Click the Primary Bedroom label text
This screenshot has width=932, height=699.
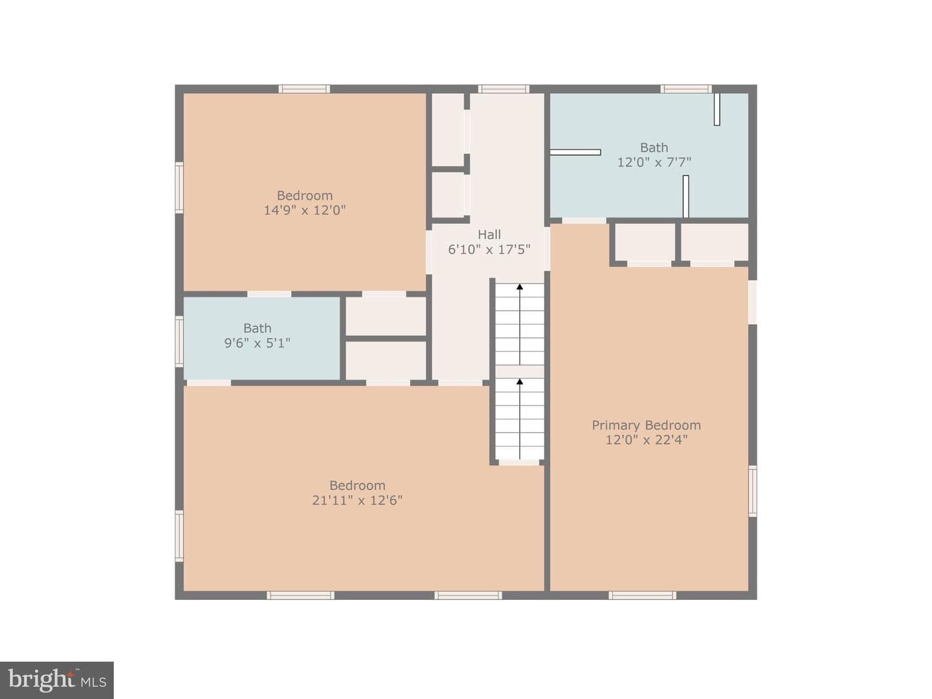646,425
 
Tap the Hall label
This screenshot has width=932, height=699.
489,234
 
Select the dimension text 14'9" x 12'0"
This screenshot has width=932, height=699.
305,210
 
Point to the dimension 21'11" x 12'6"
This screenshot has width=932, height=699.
357,500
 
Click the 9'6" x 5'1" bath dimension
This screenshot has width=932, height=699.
258,343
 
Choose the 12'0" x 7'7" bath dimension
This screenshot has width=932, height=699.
654,162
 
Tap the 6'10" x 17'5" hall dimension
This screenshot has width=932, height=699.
489,250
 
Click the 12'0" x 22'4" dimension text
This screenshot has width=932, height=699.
646,440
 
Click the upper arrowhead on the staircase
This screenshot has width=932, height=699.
520,287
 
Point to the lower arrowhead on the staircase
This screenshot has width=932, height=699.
520,382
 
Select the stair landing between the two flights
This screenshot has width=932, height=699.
520,372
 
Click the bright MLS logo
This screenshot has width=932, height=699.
57,681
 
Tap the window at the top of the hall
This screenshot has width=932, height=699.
504,89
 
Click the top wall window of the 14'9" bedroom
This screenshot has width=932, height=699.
304,89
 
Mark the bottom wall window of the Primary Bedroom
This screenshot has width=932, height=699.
642,595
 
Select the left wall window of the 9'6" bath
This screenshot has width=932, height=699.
179,341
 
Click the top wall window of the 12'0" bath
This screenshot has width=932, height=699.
685,89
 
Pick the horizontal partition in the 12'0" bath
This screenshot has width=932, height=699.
575,152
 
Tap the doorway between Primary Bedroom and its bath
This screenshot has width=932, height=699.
584,220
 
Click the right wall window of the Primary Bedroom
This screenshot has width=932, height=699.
752,491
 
